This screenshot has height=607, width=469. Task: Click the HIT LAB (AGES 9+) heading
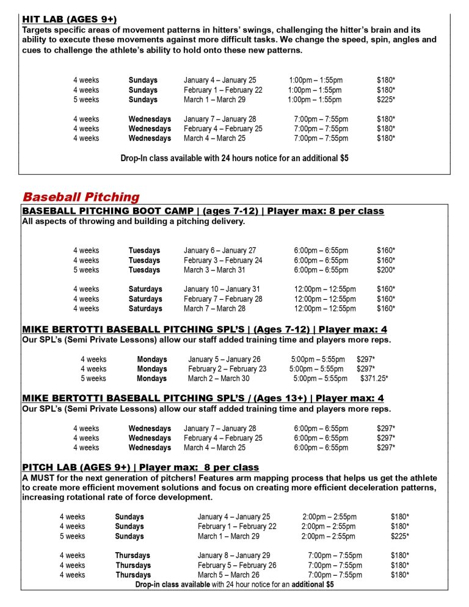click(69, 20)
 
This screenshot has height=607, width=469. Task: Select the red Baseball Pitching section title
click(81, 197)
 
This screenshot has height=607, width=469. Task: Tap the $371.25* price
click(374, 379)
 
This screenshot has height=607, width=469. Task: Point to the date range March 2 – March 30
click(219, 379)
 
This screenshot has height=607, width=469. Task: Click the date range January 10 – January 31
click(222, 289)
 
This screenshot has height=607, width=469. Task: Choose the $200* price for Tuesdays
click(386, 270)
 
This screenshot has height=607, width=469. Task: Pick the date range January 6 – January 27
click(220, 250)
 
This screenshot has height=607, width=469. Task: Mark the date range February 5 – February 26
click(237, 565)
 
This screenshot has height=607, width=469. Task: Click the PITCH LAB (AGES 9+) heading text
click(68, 468)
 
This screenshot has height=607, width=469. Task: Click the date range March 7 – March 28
click(214, 309)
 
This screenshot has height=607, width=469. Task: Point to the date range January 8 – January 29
click(234, 556)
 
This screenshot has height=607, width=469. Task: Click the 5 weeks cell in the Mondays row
click(93, 379)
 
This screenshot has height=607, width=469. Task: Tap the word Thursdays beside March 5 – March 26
click(133, 575)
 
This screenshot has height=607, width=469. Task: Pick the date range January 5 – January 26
click(224, 359)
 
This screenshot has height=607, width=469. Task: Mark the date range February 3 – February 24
click(223, 260)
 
